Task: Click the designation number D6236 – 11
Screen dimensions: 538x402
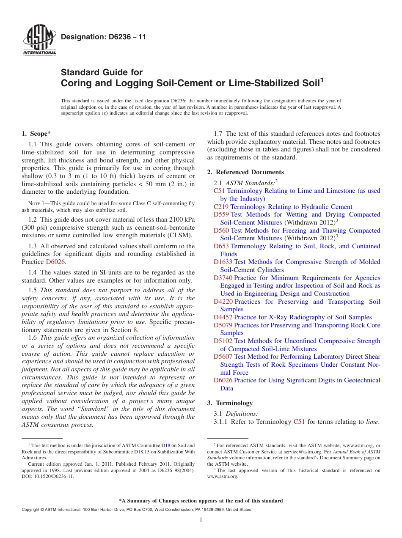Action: coord(103,37)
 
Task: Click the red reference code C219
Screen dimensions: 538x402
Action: coord(221,207)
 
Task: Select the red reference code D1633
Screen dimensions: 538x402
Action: coord(223,262)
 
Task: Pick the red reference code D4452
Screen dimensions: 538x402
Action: coord(223,317)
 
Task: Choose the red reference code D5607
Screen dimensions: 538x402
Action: coord(223,357)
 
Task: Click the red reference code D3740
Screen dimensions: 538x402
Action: coord(223,278)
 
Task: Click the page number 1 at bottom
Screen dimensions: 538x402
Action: coord(201,520)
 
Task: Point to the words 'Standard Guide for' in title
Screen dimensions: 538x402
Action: coord(102,72)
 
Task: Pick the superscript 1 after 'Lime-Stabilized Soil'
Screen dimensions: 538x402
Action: coord(322,79)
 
